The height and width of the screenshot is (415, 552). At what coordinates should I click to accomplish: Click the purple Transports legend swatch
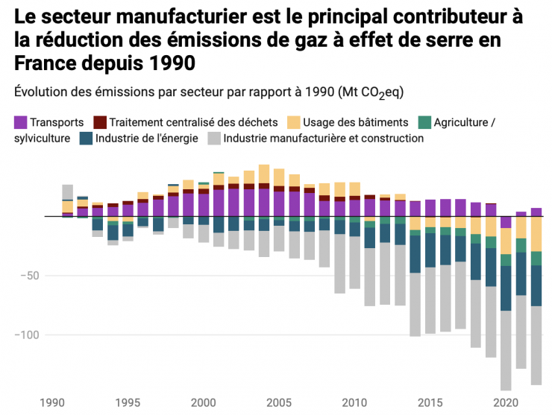click(x=20, y=122)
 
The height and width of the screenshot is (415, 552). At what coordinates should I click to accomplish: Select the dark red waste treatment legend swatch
click(x=99, y=122)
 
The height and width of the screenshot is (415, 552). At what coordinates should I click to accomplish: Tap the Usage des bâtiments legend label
click(x=369, y=122)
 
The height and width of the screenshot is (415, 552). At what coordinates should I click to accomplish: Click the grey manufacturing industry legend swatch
click(x=214, y=138)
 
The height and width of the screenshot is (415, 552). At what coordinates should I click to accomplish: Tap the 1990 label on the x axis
click(x=52, y=402)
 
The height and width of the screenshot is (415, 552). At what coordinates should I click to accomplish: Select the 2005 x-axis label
click(x=279, y=402)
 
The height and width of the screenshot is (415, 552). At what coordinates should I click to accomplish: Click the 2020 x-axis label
click(x=506, y=402)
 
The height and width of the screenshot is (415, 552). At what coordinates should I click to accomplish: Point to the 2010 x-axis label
click(x=354, y=402)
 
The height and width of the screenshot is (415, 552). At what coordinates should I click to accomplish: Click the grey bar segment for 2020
click(x=506, y=350)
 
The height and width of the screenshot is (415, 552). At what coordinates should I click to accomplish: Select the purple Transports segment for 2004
click(x=264, y=203)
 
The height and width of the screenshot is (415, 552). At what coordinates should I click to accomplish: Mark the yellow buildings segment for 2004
click(x=264, y=174)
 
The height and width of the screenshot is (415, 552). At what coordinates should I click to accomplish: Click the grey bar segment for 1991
click(x=67, y=191)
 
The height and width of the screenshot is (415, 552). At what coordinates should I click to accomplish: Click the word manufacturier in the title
click(x=150, y=16)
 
